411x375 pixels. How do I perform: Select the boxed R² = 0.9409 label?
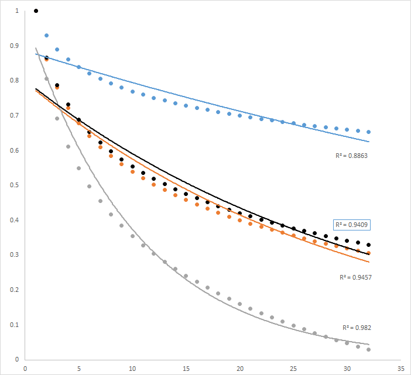[x=352, y=225]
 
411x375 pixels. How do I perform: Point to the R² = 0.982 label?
[x=357, y=328]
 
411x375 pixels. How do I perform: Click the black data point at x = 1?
[x=36, y=11]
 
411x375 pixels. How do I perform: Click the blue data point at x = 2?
[x=47, y=36]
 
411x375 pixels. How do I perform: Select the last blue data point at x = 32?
[x=369, y=132]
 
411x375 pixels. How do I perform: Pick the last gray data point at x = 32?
[x=369, y=349]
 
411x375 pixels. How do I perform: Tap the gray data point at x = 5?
[x=79, y=168]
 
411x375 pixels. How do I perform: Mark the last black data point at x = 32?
[x=369, y=245]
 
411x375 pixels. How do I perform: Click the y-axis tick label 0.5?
[x=13, y=185]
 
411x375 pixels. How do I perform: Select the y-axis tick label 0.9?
[x=13, y=46]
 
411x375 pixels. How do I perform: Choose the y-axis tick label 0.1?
[x=13, y=325]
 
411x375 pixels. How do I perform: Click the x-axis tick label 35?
[x=401, y=369]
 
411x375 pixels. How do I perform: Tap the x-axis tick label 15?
[x=186, y=369]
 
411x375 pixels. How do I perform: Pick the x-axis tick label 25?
[x=294, y=369]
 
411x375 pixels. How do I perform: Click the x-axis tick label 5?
[x=79, y=369]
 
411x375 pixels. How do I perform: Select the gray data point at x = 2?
[x=47, y=78]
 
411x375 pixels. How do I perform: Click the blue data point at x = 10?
[x=133, y=92]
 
